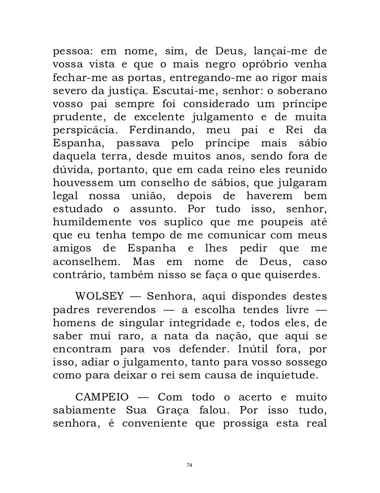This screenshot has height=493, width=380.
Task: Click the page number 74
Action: (190, 464)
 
